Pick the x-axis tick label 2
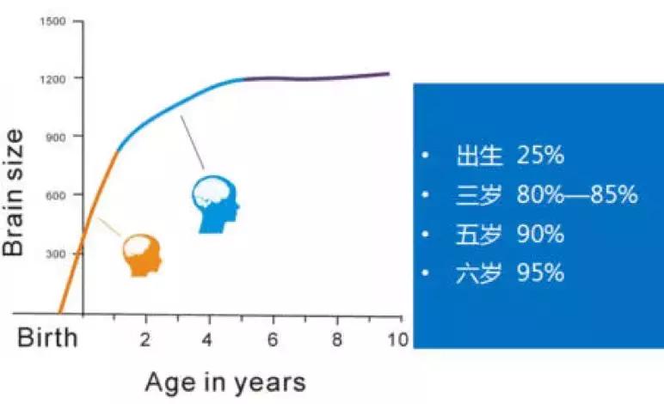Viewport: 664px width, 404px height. tap(146, 337)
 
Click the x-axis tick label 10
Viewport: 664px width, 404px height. tap(397, 337)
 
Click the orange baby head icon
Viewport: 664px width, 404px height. tap(141, 255)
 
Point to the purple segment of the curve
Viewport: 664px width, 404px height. tap(318, 77)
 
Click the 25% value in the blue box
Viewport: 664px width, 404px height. tap(540, 156)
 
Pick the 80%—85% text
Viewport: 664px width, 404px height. tap(577, 195)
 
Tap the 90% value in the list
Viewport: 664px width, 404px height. tap(540, 234)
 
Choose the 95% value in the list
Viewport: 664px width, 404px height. tap(540, 273)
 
